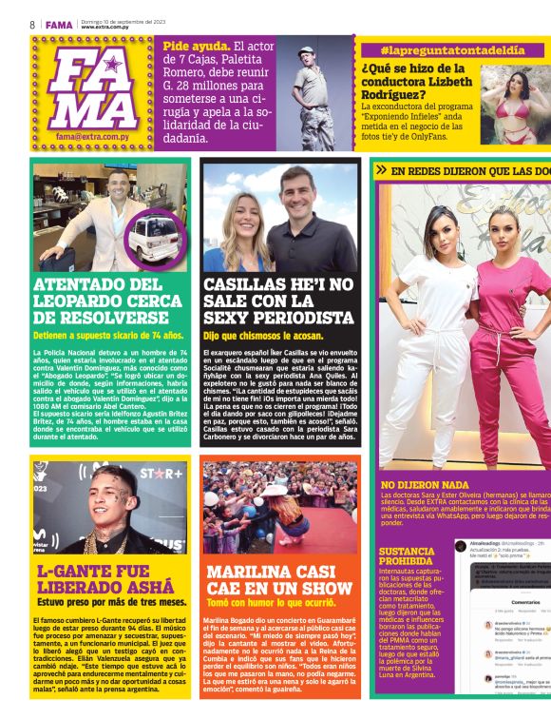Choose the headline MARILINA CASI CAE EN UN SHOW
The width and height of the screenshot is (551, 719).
point(279,580)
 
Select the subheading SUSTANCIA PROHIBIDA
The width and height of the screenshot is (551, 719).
point(408,555)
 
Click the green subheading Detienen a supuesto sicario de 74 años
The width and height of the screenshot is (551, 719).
point(108,336)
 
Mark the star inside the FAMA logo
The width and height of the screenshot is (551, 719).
point(111,65)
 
